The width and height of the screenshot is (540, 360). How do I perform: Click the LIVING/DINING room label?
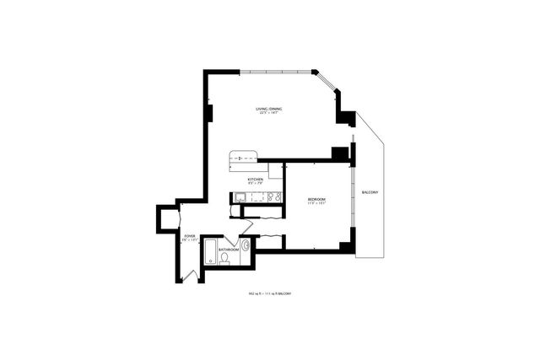[271, 109]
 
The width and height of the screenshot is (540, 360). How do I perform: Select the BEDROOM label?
[316, 199]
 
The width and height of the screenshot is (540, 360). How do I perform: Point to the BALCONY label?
[370, 192]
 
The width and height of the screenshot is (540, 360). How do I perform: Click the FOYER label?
[190, 237]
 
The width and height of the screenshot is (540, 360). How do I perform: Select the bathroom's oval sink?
[245, 247]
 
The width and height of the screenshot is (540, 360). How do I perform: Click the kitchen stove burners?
[273, 197]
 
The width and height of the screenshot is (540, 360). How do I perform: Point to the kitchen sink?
[240, 197]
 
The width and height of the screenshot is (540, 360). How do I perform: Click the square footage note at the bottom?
[270, 293]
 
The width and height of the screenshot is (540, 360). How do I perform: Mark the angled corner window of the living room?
[326, 82]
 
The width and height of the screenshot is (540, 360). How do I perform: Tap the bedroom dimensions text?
[316, 204]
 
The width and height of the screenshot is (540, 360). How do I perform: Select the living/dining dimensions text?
[271, 114]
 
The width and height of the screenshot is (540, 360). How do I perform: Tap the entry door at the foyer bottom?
[191, 273]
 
